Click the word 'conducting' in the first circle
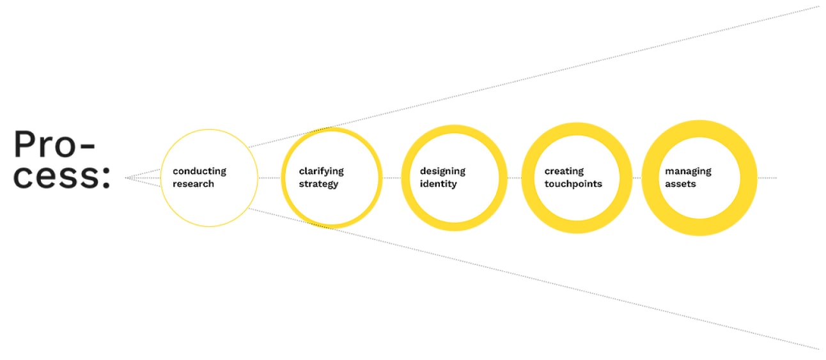point(199,171)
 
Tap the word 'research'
point(193,184)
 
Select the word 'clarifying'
point(321,171)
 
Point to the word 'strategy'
point(318,184)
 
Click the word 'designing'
point(442,171)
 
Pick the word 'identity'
point(439,184)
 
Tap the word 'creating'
point(564,171)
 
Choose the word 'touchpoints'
point(573,184)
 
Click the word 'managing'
point(688,171)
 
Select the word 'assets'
point(680,184)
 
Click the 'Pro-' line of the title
point(54,145)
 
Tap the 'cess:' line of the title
point(61,176)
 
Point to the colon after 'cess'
point(106,177)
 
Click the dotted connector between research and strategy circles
point(269,178)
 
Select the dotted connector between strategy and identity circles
point(392,178)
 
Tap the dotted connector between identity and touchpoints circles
point(515,178)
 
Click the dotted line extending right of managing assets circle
point(767,178)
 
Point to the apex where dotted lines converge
point(126,178)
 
